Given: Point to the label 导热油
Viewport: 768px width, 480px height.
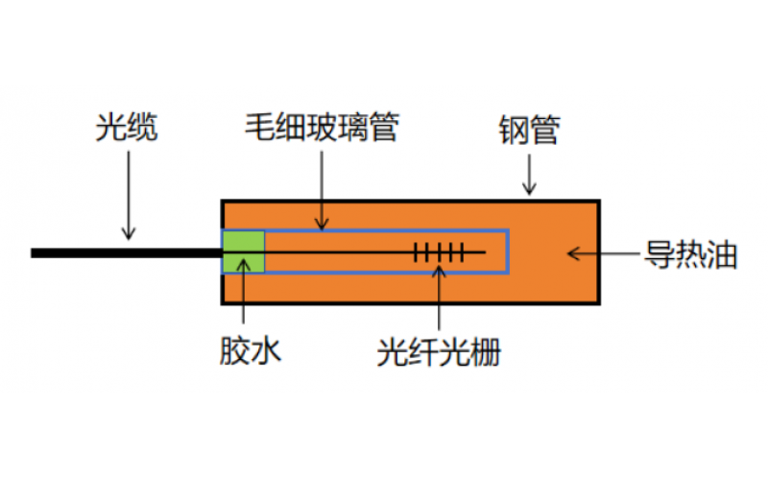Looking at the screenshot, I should point(689,255).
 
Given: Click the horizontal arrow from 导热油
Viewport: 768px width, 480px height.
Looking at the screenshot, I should point(605,254).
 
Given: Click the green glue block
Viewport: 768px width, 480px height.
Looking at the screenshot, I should point(244,252).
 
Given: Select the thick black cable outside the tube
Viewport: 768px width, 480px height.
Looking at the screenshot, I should point(125,253).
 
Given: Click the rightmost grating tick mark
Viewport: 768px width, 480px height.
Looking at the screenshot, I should point(463,253).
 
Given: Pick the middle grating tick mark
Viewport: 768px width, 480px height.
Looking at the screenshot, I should point(439,253).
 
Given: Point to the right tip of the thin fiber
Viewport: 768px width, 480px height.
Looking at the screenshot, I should point(486,253).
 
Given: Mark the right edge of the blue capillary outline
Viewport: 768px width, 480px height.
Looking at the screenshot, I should point(508,252).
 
